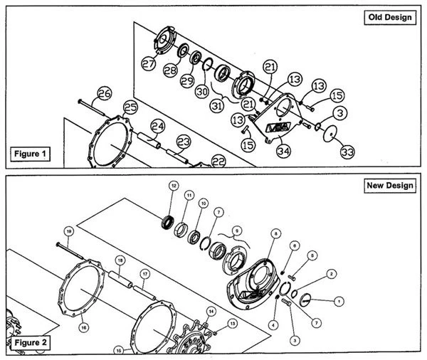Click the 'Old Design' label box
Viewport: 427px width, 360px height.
tap(388, 17)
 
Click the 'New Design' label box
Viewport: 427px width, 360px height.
tap(389, 186)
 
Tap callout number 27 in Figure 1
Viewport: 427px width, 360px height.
tap(148, 63)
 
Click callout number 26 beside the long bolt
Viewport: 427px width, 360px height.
tap(105, 93)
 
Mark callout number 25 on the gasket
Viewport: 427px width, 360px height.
tap(130, 107)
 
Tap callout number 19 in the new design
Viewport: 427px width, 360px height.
tap(69, 231)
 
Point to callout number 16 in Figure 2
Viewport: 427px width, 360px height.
tap(84, 327)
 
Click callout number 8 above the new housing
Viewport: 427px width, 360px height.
tap(275, 232)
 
